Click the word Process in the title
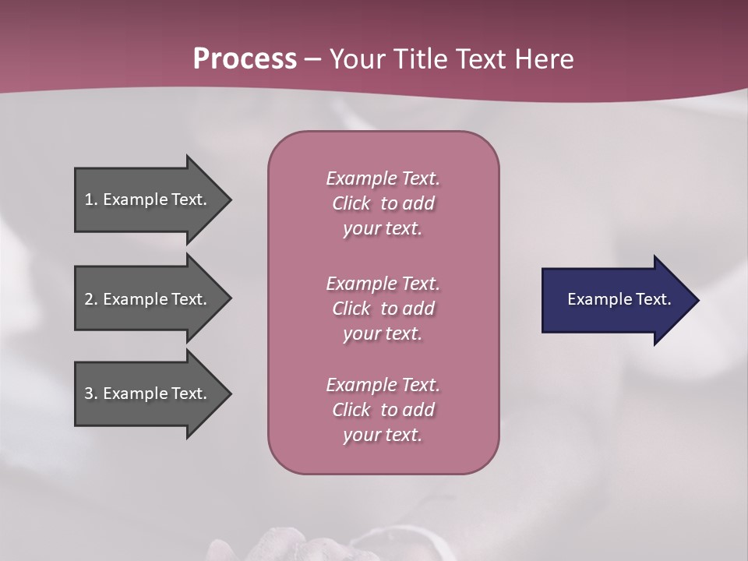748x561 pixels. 245,59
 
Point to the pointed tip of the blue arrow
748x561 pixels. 697,300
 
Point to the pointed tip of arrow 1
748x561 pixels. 230,199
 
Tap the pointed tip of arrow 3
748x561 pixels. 230,393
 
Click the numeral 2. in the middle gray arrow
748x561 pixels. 91,299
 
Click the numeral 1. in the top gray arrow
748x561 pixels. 90,199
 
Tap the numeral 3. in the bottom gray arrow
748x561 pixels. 91,393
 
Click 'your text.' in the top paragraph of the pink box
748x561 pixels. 382,229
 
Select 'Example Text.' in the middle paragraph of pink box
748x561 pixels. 383,283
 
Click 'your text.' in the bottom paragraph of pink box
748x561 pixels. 382,436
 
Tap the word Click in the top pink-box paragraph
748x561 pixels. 351,203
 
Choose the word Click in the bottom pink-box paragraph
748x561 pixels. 351,410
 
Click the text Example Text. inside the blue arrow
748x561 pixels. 619,299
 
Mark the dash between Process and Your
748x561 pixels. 312,60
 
